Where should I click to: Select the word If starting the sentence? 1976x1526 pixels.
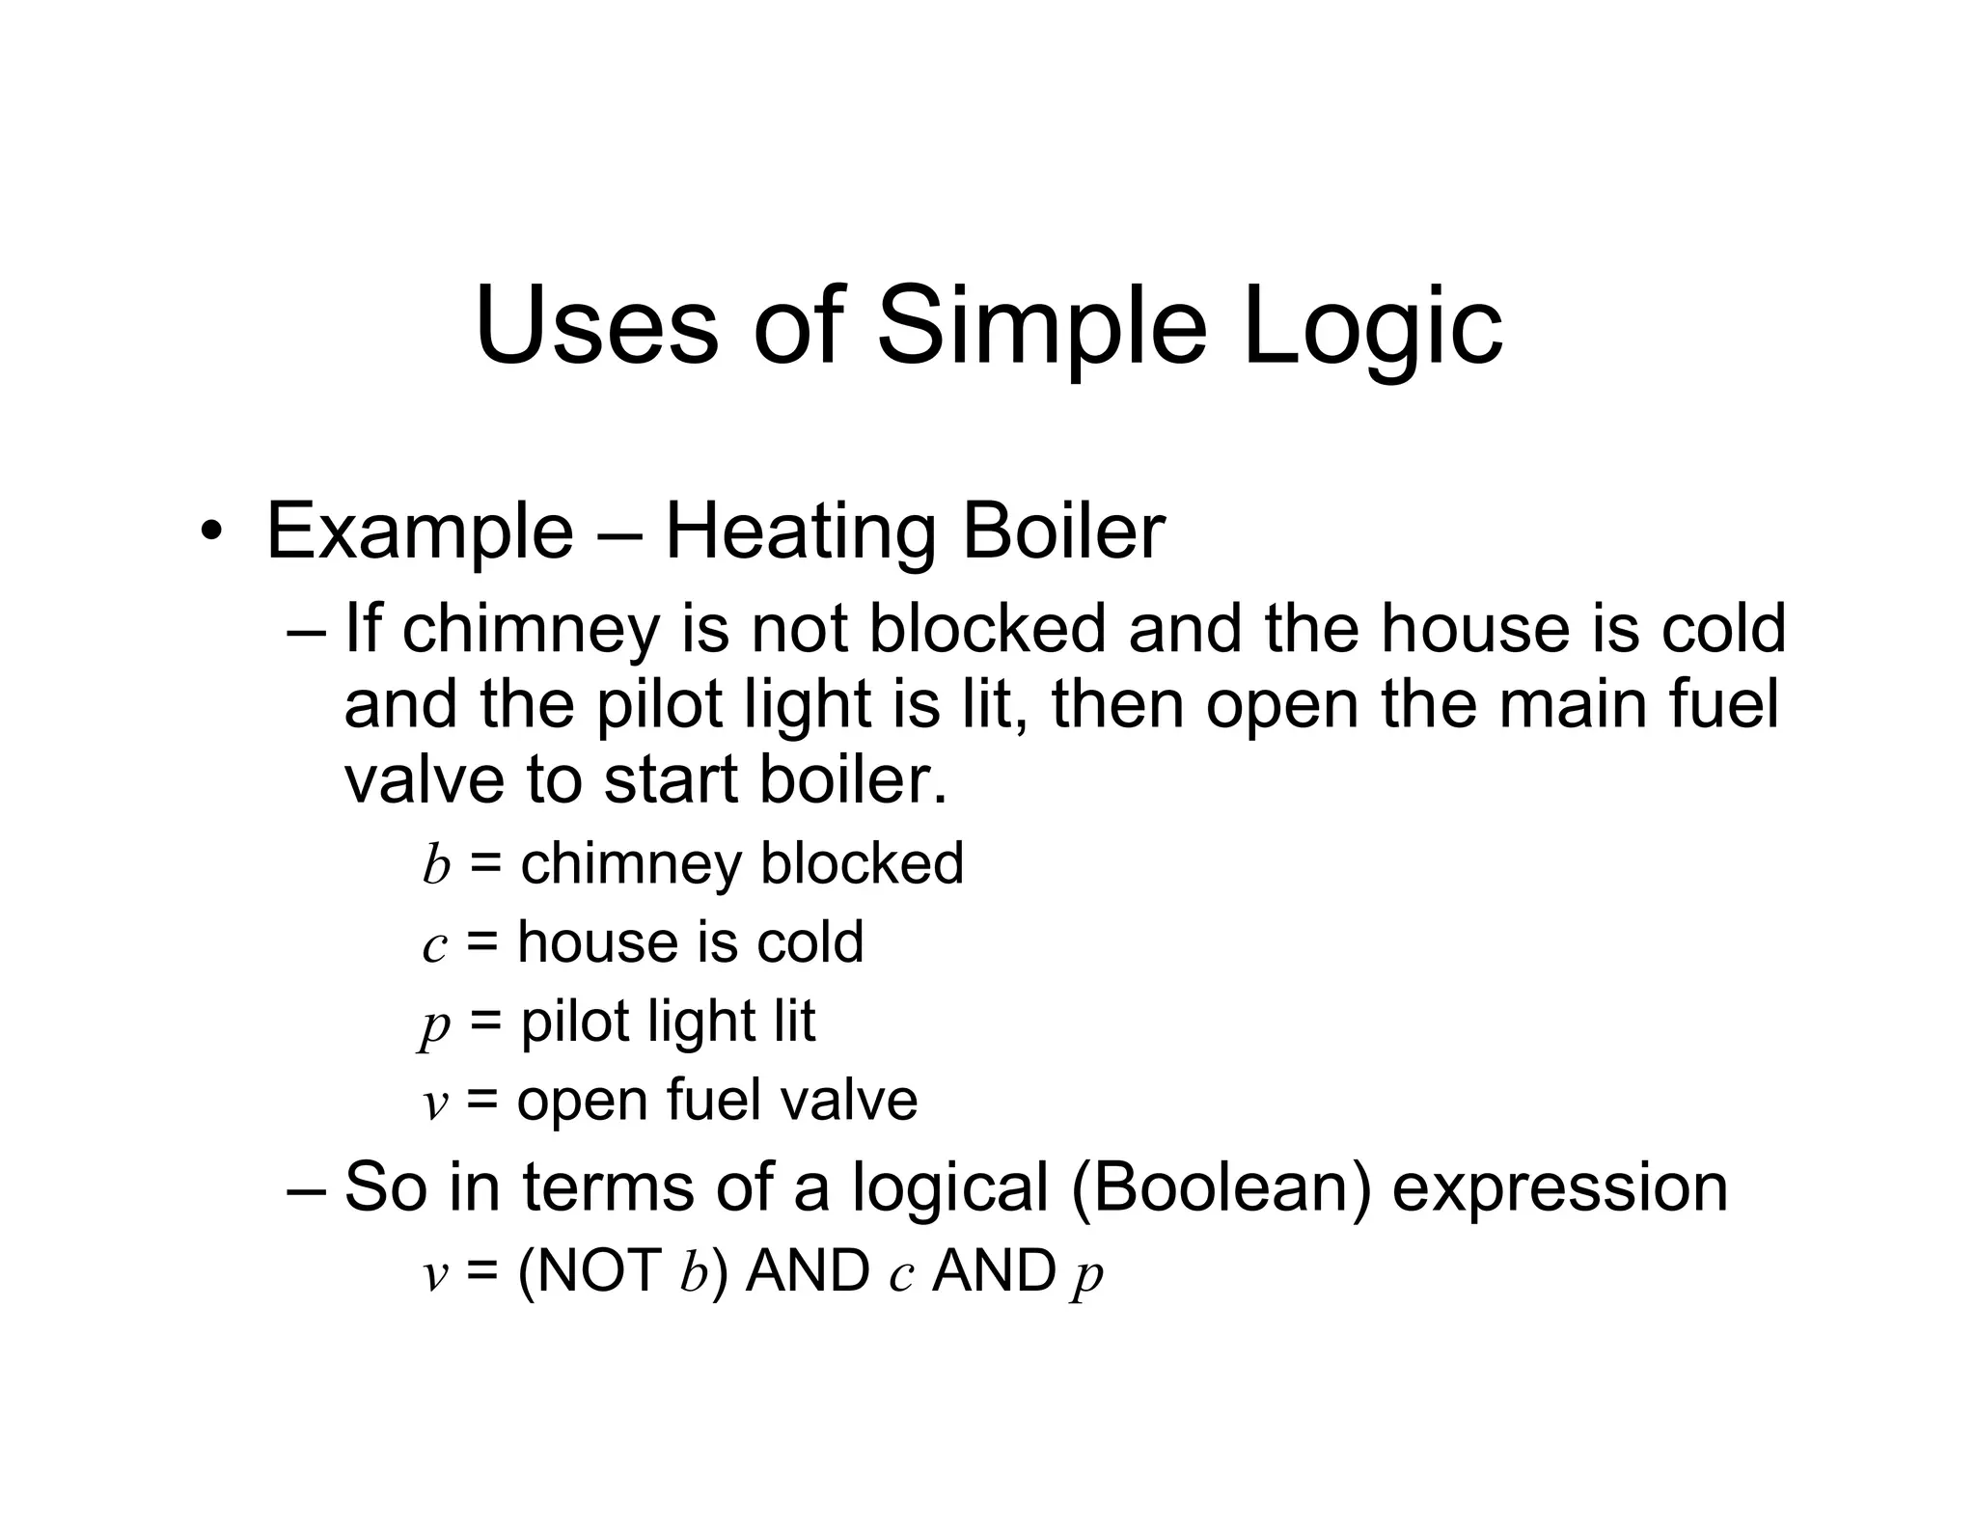coord(363,627)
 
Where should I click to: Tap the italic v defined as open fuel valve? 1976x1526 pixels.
coord(435,1102)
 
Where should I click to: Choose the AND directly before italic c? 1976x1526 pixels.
coord(808,1270)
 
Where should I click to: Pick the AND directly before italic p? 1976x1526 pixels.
coord(994,1270)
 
